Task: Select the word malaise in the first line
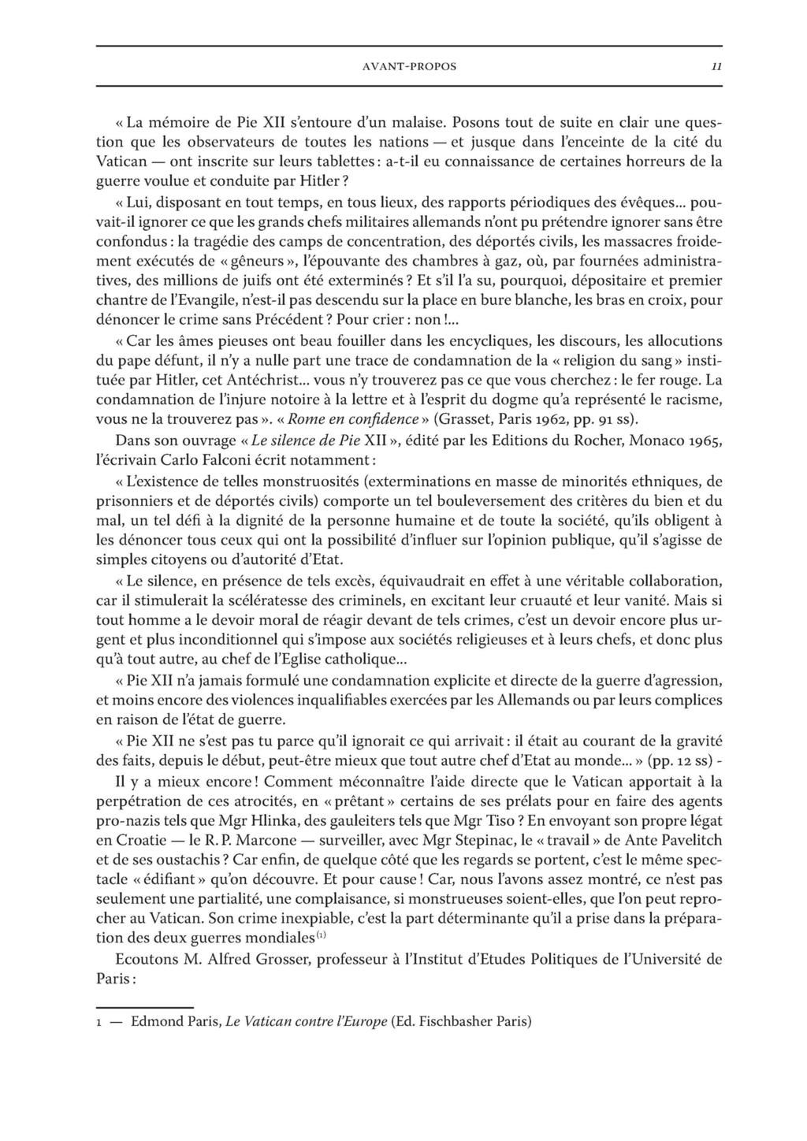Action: (419, 123)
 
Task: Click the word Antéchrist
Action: (249, 381)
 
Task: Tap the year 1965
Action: (704, 439)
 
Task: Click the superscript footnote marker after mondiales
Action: (321, 936)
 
